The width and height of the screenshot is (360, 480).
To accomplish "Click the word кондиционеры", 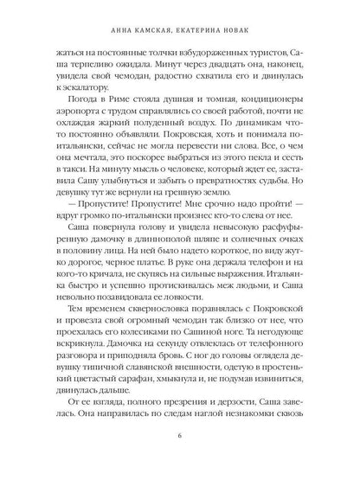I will click(x=280, y=106).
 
